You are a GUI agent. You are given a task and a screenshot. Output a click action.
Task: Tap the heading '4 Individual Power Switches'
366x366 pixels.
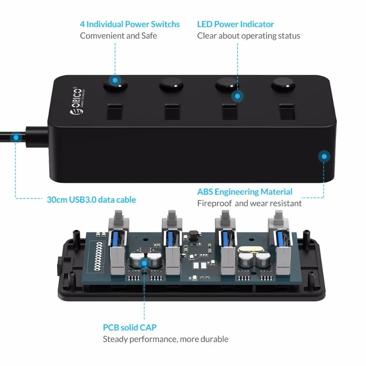point(130,25)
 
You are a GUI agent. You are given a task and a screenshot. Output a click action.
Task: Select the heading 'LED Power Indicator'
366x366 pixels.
point(235,25)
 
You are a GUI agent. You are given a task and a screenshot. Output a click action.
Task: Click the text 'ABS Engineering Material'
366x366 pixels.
point(244,192)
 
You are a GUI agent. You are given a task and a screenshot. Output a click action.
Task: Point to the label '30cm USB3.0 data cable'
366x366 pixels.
point(91,200)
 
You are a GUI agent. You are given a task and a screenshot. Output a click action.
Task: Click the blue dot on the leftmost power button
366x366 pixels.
point(115,80)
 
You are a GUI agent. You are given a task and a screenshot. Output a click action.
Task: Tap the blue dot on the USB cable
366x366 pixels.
point(16,138)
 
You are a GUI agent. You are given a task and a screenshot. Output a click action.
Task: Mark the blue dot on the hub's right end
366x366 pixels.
point(323,157)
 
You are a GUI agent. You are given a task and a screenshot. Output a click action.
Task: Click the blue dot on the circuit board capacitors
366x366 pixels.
point(144,262)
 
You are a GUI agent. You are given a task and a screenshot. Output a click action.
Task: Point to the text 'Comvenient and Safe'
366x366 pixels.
point(118,36)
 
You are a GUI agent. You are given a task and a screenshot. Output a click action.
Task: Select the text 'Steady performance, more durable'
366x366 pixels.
point(165,339)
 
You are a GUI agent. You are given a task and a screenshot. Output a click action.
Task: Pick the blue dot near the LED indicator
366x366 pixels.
point(238,97)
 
